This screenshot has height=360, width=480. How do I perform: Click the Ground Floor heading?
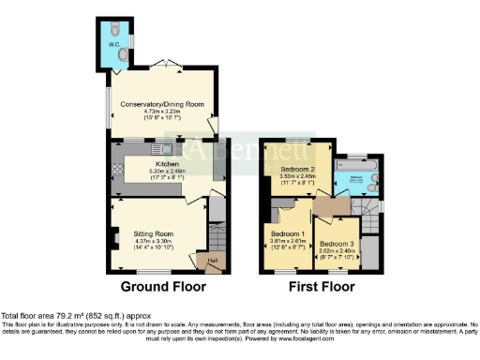[159, 289]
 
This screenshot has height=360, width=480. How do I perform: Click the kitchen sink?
[166, 149]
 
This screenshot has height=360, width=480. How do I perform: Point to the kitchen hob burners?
[119, 170]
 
